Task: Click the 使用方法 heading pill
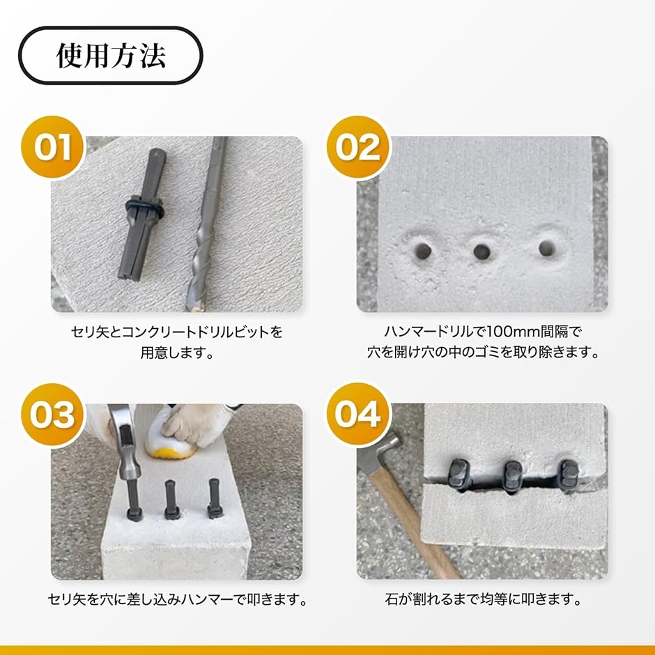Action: coord(111,55)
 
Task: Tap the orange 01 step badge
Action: coord(53,146)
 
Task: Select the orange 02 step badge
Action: coord(358,146)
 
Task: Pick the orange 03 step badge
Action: coord(53,415)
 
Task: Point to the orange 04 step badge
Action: coord(358,415)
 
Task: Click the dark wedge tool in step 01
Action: coord(141,213)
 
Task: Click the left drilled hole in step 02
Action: coord(424,251)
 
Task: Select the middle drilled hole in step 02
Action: coord(481,252)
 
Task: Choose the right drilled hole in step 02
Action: coord(547,248)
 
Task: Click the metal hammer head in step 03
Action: coord(125,442)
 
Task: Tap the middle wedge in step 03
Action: coord(171,500)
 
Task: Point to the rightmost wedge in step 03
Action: coord(214,498)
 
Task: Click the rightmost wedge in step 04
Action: coord(569,475)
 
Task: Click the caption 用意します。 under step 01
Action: coord(177,353)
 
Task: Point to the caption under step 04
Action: coord(483,600)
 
